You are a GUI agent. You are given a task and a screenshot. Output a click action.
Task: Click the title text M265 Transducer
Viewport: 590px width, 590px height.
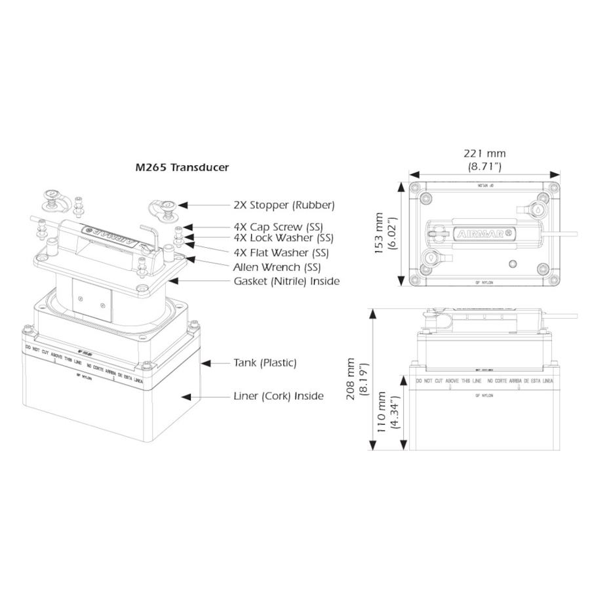click(182, 167)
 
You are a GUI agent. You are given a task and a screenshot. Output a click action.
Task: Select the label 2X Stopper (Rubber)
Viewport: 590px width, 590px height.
click(284, 205)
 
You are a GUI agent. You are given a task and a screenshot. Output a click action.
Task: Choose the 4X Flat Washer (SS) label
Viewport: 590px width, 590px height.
click(281, 252)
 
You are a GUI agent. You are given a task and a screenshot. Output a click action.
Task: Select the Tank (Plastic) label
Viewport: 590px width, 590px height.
click(265, 363)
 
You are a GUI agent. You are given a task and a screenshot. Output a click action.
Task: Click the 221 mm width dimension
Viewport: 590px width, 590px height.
click(484, 153)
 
